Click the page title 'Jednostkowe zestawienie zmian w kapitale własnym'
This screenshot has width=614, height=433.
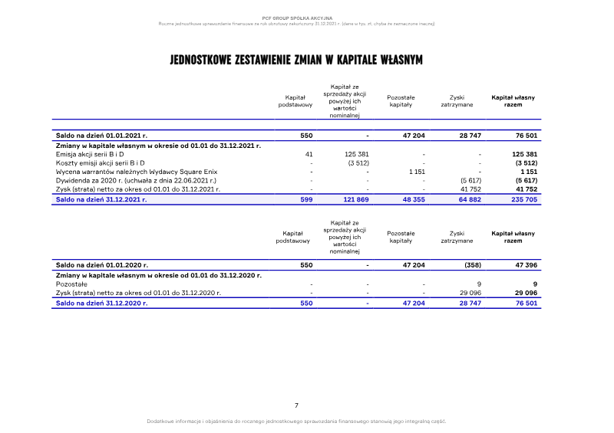pos(296,60)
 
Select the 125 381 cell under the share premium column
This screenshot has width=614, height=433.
pos(358,154)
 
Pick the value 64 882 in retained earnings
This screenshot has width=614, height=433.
pos(469,198)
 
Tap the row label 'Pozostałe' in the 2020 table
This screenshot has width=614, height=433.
pos(71,284)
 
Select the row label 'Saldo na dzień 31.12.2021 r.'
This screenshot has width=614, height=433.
pos(101,198)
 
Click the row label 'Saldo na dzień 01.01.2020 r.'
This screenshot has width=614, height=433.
pos(101,265)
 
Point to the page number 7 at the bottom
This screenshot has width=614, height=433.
pos(296,405)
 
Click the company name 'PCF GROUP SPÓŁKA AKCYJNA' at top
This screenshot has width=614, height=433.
pos(297,17)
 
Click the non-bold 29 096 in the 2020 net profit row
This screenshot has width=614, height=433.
pos(470,293)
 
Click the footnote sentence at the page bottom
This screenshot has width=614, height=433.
pos(296,422)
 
